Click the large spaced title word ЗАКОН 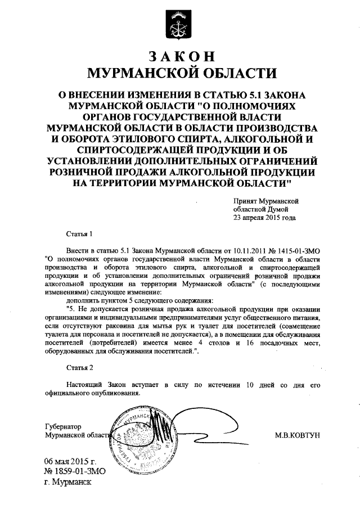coord(180,56)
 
